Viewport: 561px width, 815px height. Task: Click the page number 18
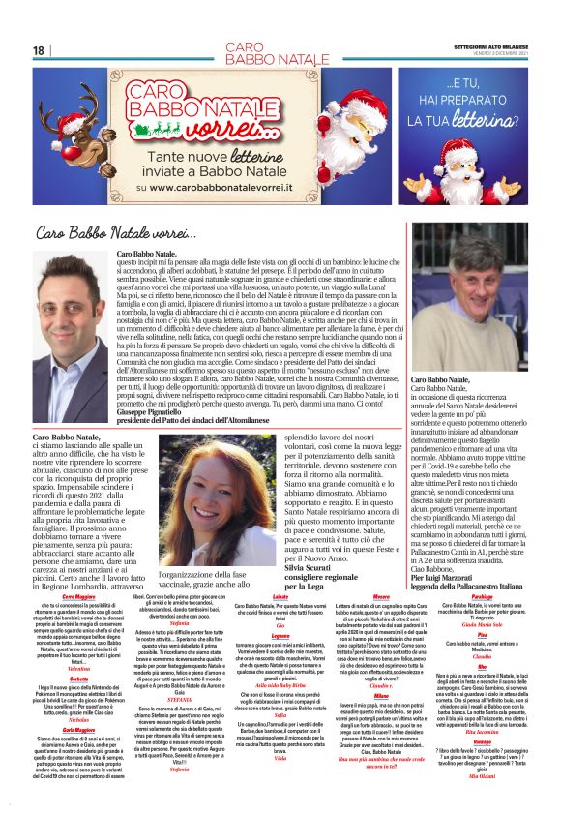(38, 50)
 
